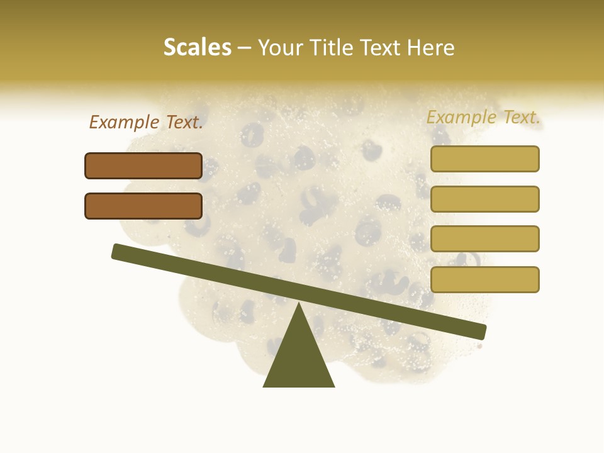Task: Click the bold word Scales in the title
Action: point(198,47)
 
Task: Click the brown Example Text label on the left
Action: point(146,122)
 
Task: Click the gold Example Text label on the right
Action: point(483,117)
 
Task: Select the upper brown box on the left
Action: point(143,165)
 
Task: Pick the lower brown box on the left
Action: point(143,206)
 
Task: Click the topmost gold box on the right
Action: point(484,159)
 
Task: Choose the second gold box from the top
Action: point(484,199)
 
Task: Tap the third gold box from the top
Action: point(484,238)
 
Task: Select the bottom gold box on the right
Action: point(484,279)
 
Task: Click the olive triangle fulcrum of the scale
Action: point(299,355)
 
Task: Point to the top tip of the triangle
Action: point(299,305)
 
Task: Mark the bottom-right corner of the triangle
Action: point(333,386)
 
